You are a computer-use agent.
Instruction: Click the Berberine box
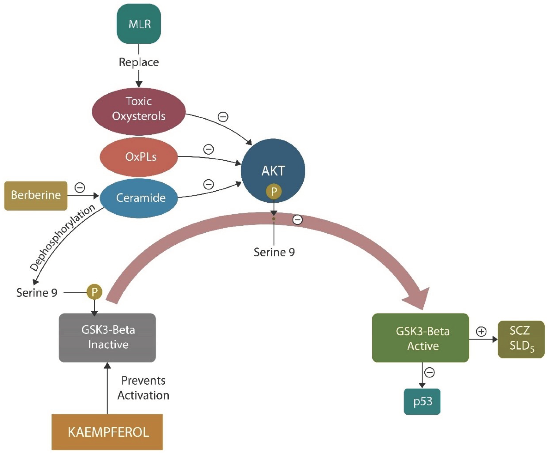point(36,195)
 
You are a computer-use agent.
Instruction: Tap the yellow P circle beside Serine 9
point(94,292)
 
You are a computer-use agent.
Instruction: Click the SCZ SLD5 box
point(521,339)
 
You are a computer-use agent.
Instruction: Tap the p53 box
point(422,401)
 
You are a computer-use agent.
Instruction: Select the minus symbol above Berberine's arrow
point(80,187)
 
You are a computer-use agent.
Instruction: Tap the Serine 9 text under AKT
point(274,252)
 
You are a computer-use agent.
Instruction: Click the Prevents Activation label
point(143,388)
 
